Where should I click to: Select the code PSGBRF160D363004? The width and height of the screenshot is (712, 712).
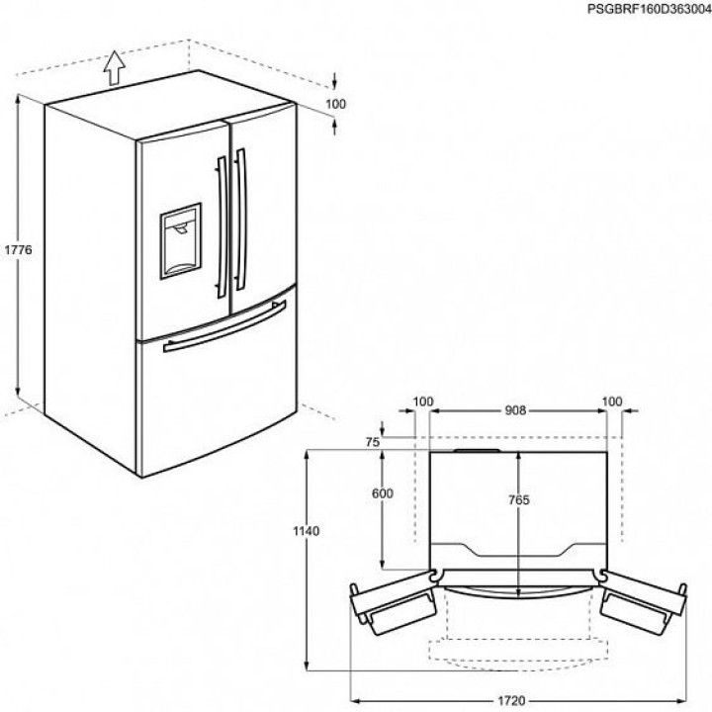click(x=647, y=9)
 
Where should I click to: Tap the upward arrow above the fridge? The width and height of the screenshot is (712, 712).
click(x=115, y=67)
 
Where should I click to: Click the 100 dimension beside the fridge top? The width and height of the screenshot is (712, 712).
click(x=336, y=103)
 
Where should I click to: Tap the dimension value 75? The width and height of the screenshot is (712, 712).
click(x=372, y=443)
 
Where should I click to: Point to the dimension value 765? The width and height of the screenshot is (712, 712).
click(x=520, y=500)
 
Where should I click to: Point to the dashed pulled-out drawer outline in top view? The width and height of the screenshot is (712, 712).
click(x=519, y=648)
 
